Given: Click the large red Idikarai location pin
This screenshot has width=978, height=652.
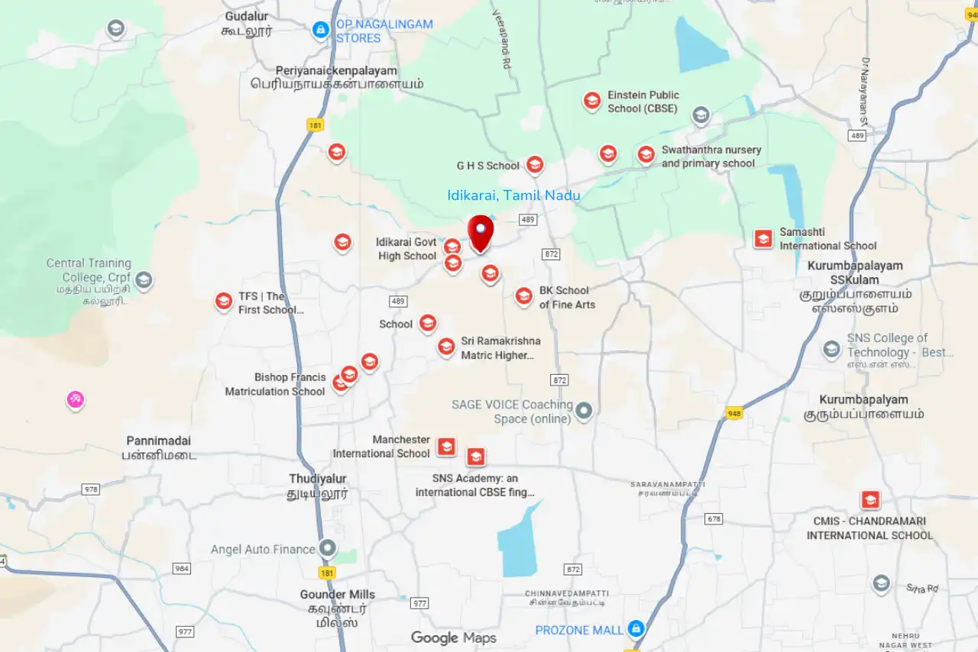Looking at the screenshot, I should click(481, 232).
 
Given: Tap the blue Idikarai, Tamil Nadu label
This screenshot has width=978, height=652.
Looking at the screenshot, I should click(513, 195).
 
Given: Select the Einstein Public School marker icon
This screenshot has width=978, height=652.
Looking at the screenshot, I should click(591, 101).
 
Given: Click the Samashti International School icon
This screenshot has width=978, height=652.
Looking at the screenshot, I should click(763, 238).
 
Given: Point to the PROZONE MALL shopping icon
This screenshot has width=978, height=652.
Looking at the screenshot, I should click(635, 628).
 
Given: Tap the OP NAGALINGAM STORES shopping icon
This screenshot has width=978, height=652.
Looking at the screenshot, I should click(321, 30).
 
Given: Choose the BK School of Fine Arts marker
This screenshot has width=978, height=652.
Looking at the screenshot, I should click(523, 296).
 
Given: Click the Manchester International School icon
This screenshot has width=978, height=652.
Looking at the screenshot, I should click(446, 447).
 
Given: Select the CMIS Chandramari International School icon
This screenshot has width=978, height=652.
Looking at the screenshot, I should click(870, 500).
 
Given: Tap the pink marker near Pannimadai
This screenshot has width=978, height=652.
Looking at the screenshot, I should click(75, 399).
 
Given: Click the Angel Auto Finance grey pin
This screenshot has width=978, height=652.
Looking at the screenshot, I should click(328, 548).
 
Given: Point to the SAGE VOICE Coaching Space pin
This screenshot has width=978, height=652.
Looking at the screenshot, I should click(585, 412).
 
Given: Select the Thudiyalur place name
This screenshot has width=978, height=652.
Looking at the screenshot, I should click(318, 479).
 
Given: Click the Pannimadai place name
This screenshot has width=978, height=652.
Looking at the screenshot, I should click(158, 441).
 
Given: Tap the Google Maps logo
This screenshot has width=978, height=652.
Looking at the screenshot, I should click(454, 637).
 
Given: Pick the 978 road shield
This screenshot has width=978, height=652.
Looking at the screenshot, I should click(91, 489).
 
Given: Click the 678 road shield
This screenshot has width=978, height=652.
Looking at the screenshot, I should click(714, 518).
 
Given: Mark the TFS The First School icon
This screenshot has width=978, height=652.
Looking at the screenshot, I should click(223, 302).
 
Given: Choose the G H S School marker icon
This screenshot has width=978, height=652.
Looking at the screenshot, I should click(534, 164).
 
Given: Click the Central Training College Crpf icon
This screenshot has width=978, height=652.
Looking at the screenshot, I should click(144, 280).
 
